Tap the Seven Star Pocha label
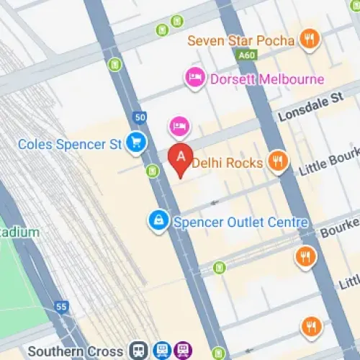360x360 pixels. [241, 40]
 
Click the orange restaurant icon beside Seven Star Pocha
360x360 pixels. [310, 40]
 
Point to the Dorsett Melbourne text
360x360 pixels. [266, 79]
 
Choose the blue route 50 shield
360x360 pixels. [139, 117]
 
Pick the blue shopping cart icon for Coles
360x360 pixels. [135, 143]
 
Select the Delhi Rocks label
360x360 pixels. [228, 163]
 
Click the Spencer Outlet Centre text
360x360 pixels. [240, 222]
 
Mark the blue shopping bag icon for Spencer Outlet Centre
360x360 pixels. [156, 222]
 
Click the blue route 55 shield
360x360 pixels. [61, 307]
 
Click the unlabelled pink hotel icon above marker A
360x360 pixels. [179, 127]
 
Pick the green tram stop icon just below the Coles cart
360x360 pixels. [152, 171]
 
